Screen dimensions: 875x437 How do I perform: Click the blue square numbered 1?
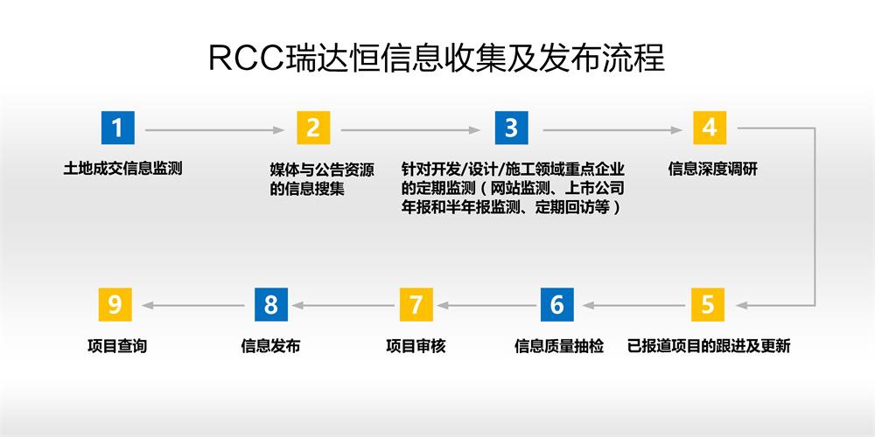(x=118, y=128)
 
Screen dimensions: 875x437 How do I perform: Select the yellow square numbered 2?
(x=313, y=128)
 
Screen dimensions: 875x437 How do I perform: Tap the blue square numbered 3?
(x=511, y=128)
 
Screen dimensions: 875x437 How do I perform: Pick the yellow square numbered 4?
(x=710, y=128)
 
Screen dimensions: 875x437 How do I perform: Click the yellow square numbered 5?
(x=708, y=304)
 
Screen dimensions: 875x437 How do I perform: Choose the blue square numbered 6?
(x=556, y=304)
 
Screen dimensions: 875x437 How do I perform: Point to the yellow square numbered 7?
(x=416, y=304)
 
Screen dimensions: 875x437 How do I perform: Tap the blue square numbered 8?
(x=271, y=304)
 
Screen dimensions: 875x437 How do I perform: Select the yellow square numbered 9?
(x=115, y=304)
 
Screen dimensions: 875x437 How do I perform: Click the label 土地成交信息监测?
(x=122, y=169)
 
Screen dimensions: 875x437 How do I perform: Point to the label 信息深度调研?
(x=712, y=169)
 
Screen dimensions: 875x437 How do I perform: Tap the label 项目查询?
(x=117, y=346)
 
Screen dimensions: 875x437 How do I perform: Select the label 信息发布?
(x=270, y=346)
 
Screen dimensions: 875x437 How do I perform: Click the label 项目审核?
(x=416, y=346)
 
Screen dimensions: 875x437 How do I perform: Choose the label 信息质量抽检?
(x=559, y=346)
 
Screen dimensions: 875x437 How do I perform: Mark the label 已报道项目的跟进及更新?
(x=709, y=346)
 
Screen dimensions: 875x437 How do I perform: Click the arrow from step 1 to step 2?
(x=215, y=130)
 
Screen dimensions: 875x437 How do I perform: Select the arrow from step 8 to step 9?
(x=193, y=305)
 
